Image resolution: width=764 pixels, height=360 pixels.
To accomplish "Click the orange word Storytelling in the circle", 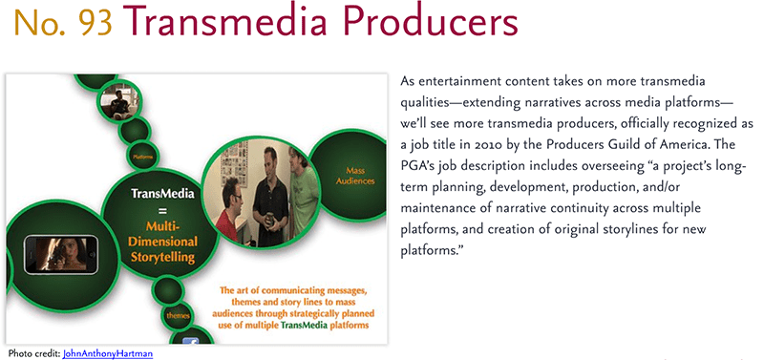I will click(163, 257).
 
